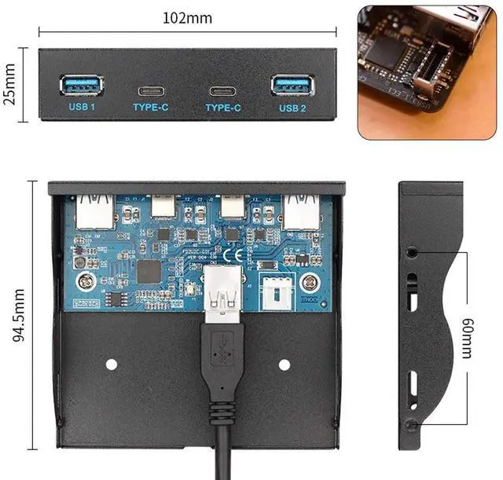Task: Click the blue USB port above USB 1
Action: (82, 84)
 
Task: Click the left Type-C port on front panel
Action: (150, 88)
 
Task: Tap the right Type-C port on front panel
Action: (222, 88)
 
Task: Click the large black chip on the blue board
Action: (149, 271)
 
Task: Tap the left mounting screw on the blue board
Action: (82, 280)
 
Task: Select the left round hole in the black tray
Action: (111, 365)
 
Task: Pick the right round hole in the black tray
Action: (284, 365)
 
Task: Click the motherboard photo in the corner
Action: (430, 71)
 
